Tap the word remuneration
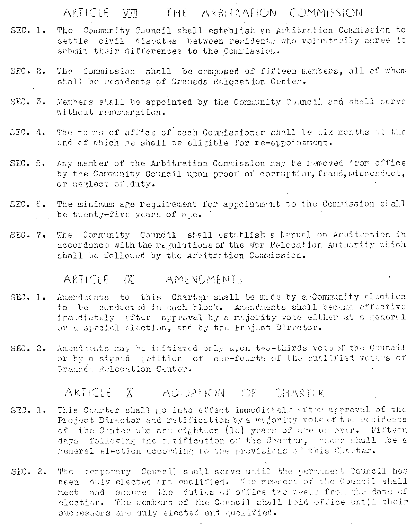coord(126,112)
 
